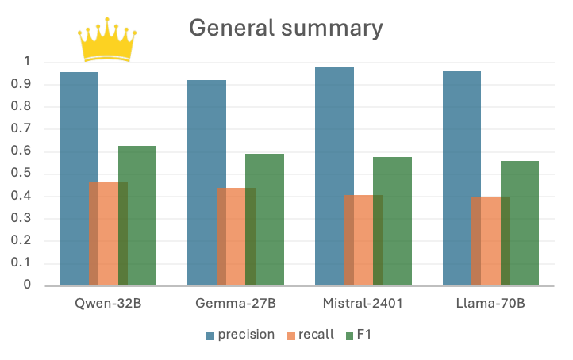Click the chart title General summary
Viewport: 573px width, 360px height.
tap(286, 28)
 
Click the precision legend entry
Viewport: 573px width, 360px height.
tap(240, 335)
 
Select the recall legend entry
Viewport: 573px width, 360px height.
tap(310, 335)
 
